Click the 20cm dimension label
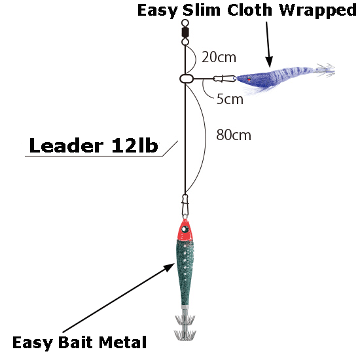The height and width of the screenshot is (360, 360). click(x=219, y=57)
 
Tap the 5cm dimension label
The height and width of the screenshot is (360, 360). click(x=230, y=99)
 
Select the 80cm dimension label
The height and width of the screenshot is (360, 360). click(x=234, y=135)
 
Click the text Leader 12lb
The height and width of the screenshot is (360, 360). click(x=94, y=145)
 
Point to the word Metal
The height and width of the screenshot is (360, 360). click(x=122, y=342)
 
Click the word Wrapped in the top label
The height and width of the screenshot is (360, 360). click(x=317, y=11)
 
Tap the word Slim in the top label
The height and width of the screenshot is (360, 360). click(x=202, y=10)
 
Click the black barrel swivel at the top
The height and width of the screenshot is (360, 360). click(x=185, y=32)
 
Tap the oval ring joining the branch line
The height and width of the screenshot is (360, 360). click(x=187, y=79)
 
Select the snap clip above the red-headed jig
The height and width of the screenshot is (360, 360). click(x=185, y=205)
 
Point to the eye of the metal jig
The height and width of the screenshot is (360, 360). click(x=185, y=229)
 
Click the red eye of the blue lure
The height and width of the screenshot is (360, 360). click(x=249, y=79)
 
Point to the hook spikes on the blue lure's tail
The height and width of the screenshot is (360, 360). click(x=325, y=69)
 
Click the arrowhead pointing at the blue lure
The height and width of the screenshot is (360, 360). click(x=269, y=62)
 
